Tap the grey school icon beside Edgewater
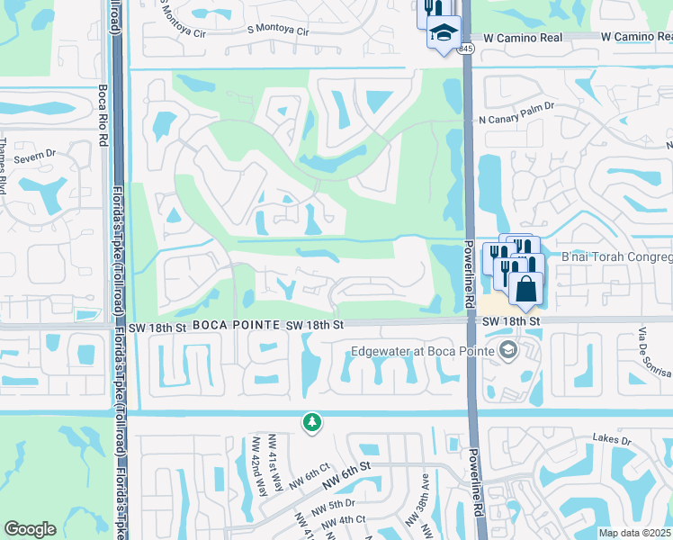pyautogui.click(x=508, y=350)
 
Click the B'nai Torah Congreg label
pyautogui.click(x=616, y=256)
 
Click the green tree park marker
pyautogui.click(x=311, y=421)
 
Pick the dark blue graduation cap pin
pyautogui.click(x=442, y=33)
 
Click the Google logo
pyautogui.click(x=30, y=529)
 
